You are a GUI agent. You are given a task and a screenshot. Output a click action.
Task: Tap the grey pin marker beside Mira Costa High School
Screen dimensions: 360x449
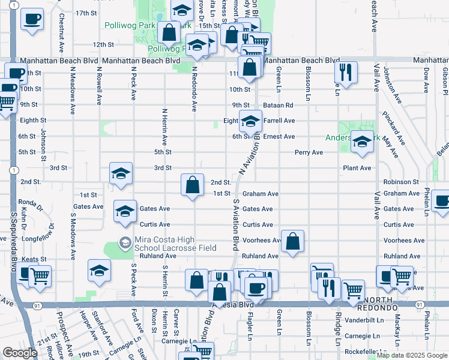[x=125, y=243]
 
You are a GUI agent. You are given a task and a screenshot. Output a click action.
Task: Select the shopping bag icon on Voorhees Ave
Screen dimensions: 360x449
[x=292, y=242]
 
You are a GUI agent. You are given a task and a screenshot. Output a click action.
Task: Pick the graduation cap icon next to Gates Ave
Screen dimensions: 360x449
[x=125, y=211]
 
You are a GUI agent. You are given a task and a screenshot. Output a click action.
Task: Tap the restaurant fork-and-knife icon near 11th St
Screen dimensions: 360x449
[x=345, y=73]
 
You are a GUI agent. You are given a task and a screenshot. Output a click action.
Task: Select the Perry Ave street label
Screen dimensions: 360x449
[x=309, y=152]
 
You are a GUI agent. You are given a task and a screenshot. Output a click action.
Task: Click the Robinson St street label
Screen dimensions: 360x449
[x=400, y=181]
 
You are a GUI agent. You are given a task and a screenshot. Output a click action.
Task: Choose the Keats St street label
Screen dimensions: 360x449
[x=35, y=259]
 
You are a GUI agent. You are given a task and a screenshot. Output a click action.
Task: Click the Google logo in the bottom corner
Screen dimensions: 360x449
[x=20, y=353]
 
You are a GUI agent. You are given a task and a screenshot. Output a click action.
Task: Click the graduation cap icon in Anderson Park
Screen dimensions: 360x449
[x=362, y=142]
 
